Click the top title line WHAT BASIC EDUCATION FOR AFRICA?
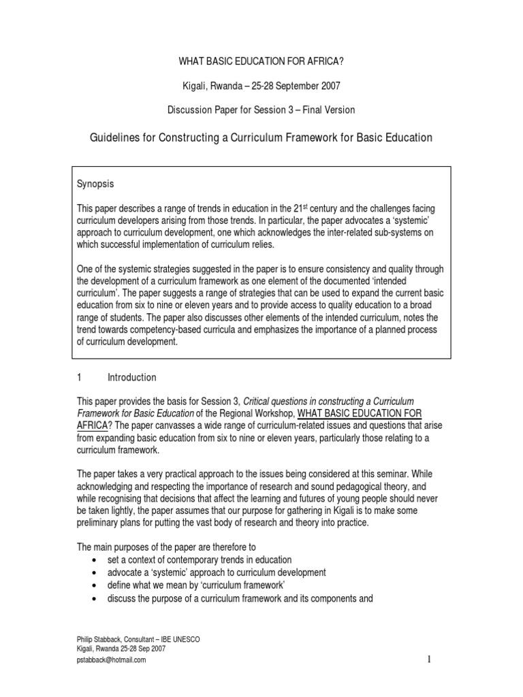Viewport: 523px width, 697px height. tap(261, 61)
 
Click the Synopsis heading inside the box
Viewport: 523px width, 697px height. tap(95, 184)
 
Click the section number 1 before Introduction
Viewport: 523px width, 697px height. tap(80, 377)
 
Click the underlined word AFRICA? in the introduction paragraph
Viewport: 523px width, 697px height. tap(92, 425)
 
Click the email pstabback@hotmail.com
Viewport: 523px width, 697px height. tap(112, 660)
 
